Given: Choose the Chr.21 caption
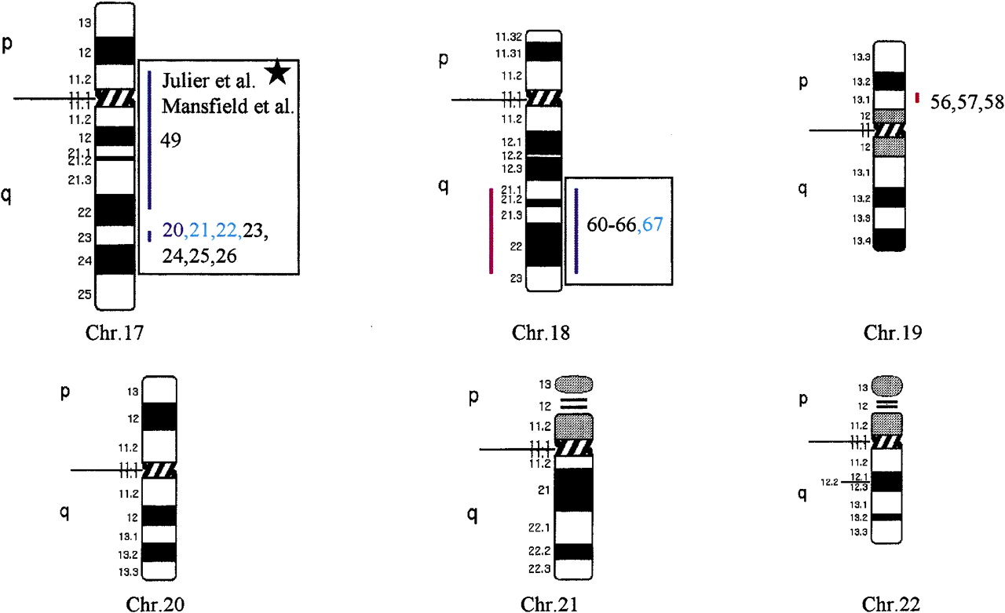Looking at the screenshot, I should click(x=550, y=604).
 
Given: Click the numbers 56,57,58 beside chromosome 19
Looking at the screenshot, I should click(x=967, y=102).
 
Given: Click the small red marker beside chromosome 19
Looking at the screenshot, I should click(x=917, y=98).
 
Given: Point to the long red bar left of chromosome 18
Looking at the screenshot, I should click(x=492, y=231).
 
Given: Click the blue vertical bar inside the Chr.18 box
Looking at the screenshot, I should click(x=576, y=231).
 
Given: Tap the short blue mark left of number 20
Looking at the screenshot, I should click(x=149, y=235).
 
